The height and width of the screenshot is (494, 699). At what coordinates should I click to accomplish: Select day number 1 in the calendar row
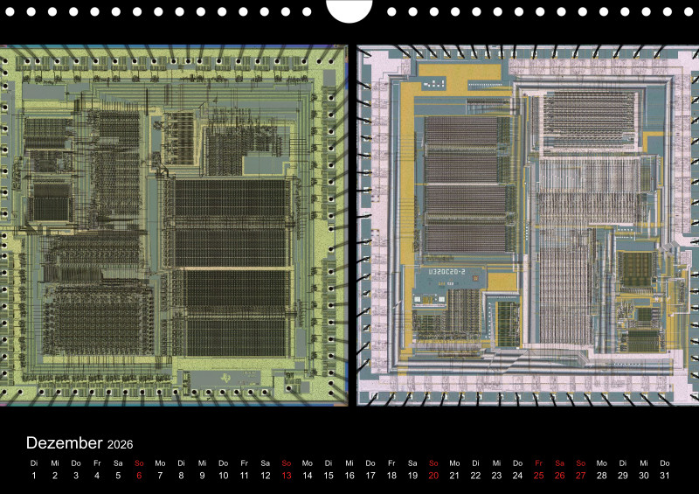34,476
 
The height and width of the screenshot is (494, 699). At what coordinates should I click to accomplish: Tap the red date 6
139,476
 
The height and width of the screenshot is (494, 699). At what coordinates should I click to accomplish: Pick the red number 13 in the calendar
286,476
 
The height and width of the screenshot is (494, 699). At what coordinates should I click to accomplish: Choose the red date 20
433,476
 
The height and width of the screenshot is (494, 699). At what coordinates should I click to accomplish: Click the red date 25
538,476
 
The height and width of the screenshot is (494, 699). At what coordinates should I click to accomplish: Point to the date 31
665,476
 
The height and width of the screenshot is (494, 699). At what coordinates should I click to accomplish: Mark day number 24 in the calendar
517,476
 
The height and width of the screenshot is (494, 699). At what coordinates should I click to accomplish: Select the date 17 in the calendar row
370,476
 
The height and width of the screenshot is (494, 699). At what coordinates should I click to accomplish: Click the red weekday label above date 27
580,463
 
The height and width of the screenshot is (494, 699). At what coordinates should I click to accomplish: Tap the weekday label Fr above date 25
538,463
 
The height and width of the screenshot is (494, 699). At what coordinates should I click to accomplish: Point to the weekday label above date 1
34,463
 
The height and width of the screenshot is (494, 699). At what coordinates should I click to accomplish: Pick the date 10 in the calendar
223,476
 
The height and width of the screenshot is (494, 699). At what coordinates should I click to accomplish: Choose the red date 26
559,476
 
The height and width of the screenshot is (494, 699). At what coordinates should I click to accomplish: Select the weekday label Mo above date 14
307,463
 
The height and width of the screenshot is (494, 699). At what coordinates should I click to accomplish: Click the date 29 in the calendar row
623,476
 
